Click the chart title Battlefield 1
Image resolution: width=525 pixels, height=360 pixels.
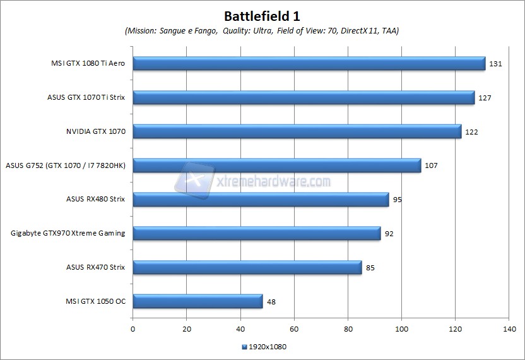(262, 15)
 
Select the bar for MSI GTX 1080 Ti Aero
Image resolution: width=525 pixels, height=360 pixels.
(309, 64)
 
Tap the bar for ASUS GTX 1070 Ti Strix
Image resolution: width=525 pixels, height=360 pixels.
(304, 98)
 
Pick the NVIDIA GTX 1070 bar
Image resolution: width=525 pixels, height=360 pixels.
(297, 131)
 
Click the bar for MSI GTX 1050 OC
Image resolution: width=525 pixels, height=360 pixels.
(198, 301)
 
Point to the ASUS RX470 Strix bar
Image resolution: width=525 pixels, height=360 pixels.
(247, 267)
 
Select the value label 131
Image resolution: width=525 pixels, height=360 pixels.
(495, 64)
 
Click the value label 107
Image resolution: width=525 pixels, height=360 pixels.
(431, 165)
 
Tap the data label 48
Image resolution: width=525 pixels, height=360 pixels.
(271, 301)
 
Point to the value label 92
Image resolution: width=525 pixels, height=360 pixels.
(389, 234)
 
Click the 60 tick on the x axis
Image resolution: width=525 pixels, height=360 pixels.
(294, 329)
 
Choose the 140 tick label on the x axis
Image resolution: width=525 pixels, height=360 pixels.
(509, 329)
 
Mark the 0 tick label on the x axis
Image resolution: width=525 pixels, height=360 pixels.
(133, 329)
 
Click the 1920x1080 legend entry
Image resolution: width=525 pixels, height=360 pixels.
(264, 346)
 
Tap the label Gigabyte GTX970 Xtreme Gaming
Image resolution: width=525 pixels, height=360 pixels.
(68, 233)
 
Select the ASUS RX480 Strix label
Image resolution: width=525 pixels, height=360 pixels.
(95, 199)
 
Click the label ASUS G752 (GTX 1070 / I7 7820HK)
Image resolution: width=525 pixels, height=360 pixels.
(66, 165)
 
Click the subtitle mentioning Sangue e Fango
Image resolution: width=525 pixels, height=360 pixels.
(262, 30)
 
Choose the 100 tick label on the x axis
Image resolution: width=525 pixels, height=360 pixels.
(401, 329)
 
